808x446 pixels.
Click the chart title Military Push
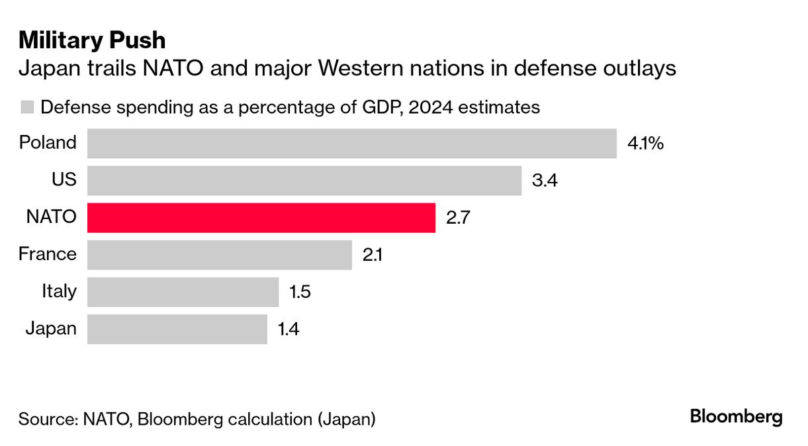tap(92, 41)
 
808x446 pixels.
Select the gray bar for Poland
tap(351, 144)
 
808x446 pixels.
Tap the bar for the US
tap(304, 181)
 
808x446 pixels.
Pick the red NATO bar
tap(261, 218)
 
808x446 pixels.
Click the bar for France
tap(219, 255)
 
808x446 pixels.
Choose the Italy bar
tap(183, 292)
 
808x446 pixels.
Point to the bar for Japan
tap(177, 329)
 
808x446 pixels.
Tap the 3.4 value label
tap(545, 181)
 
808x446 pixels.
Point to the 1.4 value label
tap(289, 329)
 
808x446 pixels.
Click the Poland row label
tap(48, 142)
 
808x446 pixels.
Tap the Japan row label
tap(50, 328)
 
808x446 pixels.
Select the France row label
tap(48, 253)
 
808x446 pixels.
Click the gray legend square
tap(27, 107)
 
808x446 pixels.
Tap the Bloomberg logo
tap(736, 418)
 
